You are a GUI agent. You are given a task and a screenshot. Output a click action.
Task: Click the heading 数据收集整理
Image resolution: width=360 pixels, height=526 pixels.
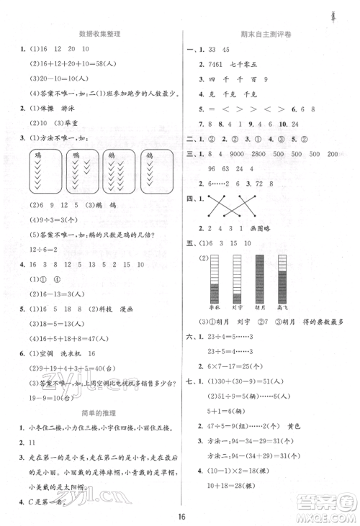click(100, 34)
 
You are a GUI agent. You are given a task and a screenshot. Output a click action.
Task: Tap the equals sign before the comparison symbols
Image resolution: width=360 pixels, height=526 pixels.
click(217, 109)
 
